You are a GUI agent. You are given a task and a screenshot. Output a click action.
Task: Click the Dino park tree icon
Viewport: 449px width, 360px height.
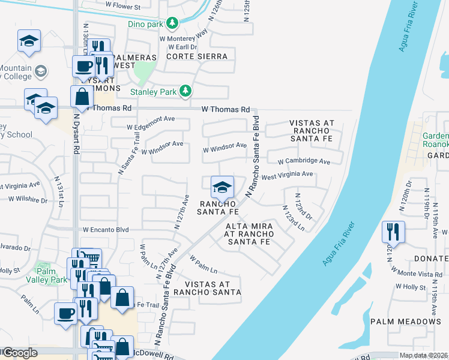(173, 23)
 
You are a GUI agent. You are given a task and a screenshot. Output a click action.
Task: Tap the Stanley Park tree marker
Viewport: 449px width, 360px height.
(186, 91)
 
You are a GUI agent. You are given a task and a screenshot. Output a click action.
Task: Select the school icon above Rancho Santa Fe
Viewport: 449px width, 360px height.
(222, 187)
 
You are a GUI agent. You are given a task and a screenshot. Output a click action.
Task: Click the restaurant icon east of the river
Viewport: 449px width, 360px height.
(393, 231)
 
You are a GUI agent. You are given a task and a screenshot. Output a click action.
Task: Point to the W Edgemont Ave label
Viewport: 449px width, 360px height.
(151, 127)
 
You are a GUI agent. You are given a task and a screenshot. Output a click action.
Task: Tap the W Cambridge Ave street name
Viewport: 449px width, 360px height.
(304, 162)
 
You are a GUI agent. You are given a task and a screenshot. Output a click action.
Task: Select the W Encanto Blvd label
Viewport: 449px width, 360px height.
(106, 229)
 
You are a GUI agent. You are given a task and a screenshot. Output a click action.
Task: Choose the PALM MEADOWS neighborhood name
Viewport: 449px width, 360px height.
(405, 322)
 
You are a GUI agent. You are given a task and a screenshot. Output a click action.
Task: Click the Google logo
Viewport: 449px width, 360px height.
(19, 353)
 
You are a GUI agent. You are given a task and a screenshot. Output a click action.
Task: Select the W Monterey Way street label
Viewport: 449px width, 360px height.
(183, 38)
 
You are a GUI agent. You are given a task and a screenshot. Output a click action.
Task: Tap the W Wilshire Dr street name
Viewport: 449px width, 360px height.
(28, 199)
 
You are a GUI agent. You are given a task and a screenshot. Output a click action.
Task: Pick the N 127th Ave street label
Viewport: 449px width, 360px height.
(181, 212)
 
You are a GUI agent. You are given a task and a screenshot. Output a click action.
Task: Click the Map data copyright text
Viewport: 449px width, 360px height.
(424, 355)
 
